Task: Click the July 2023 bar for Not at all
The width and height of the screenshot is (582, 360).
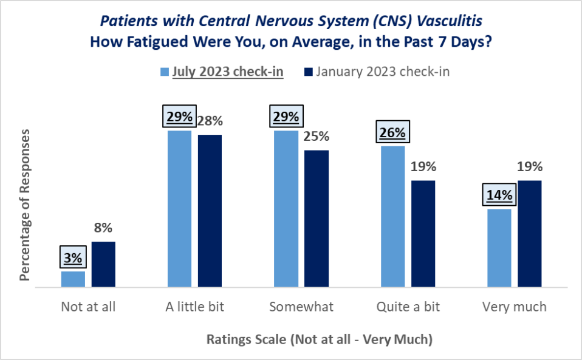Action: [73, 279]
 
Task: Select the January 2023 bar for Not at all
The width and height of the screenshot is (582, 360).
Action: [103, 264]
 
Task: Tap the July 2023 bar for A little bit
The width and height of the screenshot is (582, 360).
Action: [179, 208]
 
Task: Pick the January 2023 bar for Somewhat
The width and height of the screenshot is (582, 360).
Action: [317, 218]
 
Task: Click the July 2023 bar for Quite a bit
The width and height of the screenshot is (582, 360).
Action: [392, 216]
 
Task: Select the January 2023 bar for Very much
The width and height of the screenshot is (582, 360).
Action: [530, 233]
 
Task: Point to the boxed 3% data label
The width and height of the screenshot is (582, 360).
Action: [73, 257]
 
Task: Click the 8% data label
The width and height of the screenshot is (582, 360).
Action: [103, 228]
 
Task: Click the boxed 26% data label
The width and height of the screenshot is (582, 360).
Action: [393, 133]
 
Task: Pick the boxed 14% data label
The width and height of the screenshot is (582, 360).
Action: [499, 195]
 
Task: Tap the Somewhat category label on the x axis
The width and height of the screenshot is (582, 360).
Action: [301, 307]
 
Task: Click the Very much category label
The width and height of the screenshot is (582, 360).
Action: [514, 307]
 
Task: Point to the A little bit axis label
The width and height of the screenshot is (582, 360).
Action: [194, 307]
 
